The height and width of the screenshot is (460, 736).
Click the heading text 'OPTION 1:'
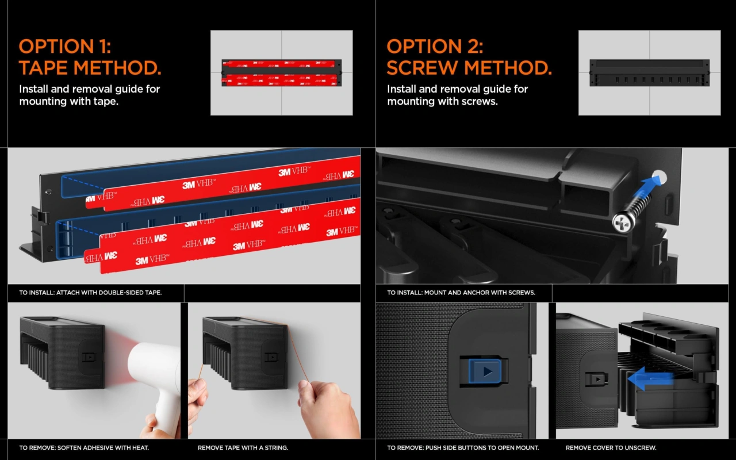(x=65, y=47)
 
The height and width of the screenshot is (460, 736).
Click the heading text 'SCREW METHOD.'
(x=469, y=68)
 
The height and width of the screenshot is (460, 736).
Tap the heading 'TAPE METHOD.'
(x=90, y=68)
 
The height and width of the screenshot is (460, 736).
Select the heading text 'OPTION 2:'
(x=435, y=47)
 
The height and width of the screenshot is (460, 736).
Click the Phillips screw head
(x=623, y=223)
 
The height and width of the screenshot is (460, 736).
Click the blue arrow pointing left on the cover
(x=650, y=379)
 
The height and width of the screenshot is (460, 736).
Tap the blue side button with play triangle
(x=485, y=371)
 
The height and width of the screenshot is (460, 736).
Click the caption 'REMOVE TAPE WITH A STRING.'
(x=243, y=447)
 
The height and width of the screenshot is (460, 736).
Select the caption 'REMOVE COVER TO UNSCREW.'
(x=611, y=447)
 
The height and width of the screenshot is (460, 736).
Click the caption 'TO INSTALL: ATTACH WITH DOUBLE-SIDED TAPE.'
(x=90, y=293)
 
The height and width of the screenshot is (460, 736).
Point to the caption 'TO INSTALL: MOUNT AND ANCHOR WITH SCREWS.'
(x=461, y=293)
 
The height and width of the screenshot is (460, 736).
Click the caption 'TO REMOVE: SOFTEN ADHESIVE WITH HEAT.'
(x=84, y=447)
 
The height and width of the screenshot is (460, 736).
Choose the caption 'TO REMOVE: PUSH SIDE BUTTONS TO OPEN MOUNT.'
(x=463, y=447)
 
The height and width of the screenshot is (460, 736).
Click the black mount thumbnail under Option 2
(x=650, y=73)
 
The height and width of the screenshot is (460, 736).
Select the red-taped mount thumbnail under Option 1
(x=282, y=73)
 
